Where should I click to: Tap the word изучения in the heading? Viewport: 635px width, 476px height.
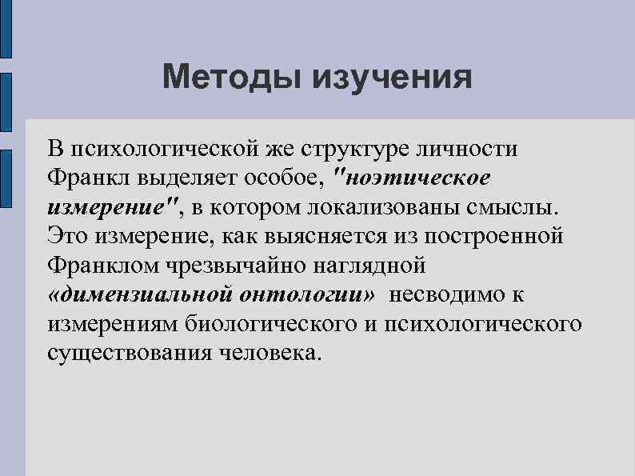click(x=389, y=78)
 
